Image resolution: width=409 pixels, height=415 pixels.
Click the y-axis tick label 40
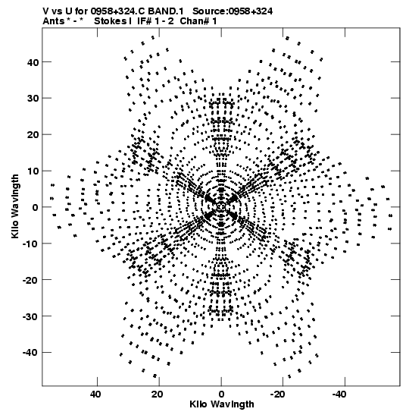pyautogui.click(x=33, y=62)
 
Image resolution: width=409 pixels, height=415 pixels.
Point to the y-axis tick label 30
pyautogui.click(x=33, y=99)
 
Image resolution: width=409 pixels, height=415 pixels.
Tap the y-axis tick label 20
pyautogui.click(x=33, y=135)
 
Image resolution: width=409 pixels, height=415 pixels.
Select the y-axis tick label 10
pyautogui.click(x=33, y=171)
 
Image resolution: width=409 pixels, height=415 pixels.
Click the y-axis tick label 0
pyautogui.click(x=36, y=207)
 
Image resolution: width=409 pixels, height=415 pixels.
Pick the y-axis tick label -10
pyautogui.click(x=30, y=244)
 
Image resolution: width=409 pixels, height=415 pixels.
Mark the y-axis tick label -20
pyautogui.click(x=30, y=280)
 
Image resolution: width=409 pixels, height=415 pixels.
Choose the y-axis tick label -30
pyautogui.click(x=30, y=316)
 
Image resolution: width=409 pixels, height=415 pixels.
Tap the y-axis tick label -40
pyautogui.click(x=30, y=353)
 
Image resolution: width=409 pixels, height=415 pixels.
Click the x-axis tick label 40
pyautogui.click(x=95, y=395)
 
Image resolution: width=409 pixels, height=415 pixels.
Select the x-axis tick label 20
pyautogui.click(x=158, y=395)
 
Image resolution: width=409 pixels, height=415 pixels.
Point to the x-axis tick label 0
pyautogui.click(x=221, y=395)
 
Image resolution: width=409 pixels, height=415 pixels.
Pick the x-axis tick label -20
pyautogui.click(x=277, y=395)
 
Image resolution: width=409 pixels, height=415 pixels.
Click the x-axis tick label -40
pyautogui.click(x=339, y=395)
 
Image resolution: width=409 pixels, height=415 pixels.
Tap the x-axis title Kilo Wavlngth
pyautogui.click(x=222, y=404)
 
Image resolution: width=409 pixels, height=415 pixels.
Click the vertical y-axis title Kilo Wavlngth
pyautogui.click(x=15, y=206)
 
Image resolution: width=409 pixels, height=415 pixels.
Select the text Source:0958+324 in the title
pyautogui.click(x=233, y=11)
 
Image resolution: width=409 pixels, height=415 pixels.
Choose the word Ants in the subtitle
pyautogui.click(x=53, y=21)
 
